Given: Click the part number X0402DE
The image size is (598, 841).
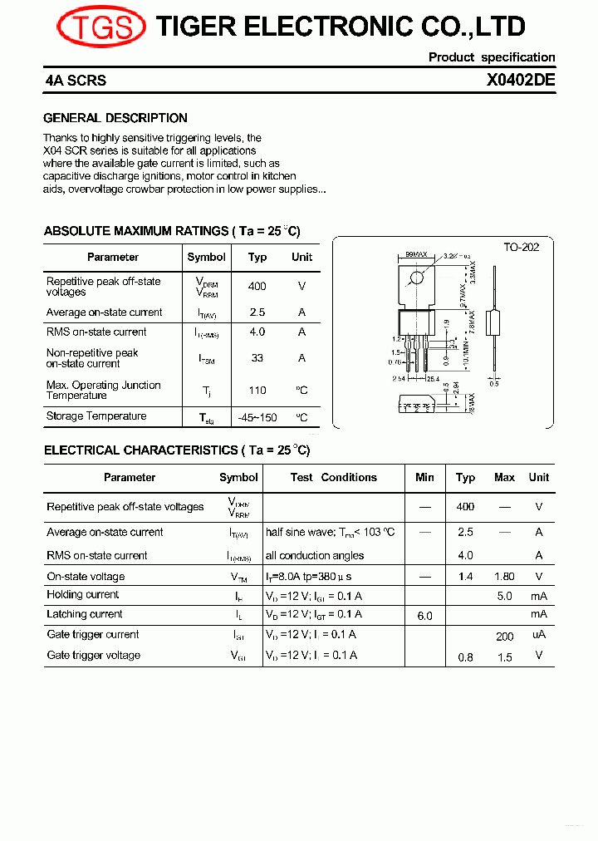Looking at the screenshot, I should [x=521, y=81].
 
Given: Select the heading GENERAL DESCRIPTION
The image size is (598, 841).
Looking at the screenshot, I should [x=115, y=118].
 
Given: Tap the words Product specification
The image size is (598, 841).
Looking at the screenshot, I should [x=492, y=57].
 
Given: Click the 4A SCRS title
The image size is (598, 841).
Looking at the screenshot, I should [x=76, y=82].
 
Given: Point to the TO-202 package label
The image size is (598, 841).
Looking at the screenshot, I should [x=521, y=248].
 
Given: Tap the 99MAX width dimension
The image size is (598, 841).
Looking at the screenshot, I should [x=416, y=254].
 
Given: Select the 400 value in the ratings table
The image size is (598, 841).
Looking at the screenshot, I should [x=257, y=286].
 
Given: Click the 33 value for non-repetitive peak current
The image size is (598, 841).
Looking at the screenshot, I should [x=257, y=358].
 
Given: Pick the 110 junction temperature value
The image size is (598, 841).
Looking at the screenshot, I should [x=257, y=390].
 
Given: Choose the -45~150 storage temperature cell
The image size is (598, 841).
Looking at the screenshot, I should [x=257, y=417].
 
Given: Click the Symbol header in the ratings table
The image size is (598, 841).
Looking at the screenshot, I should [x=207, y=257].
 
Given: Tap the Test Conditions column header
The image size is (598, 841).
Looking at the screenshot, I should [x=333, y=477].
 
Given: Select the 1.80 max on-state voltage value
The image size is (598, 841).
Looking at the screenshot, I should [x=504, y=577].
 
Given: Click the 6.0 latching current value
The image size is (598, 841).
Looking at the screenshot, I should [x=424, y=616].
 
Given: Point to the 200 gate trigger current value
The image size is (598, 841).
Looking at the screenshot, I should [x=504, y=637].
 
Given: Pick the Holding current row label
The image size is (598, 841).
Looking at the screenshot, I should [x=83, y=595].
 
